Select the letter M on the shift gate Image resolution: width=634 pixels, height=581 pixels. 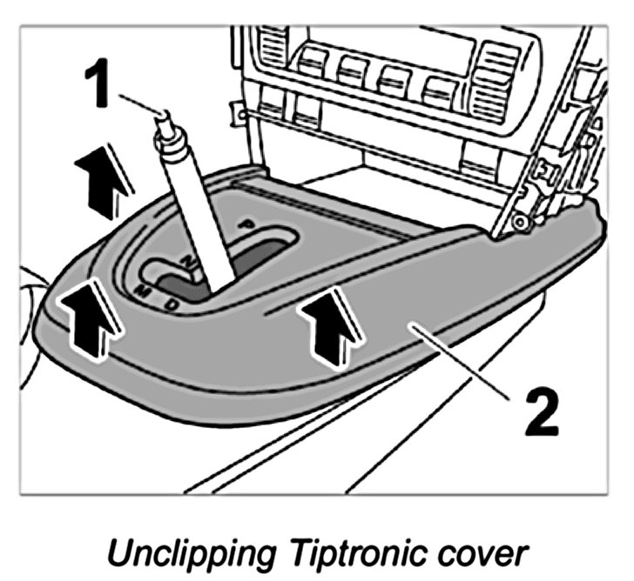click(x=141, y=290)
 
